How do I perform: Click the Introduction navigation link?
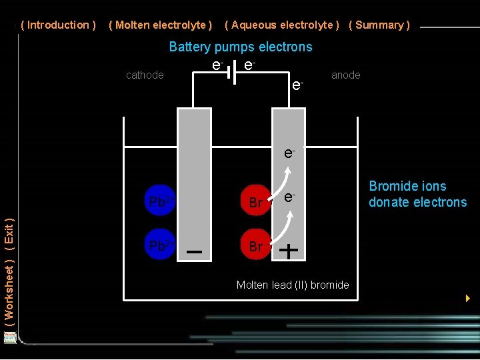59,25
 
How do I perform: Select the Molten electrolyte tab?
160,25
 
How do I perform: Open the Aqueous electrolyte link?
282,25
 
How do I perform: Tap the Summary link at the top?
379,25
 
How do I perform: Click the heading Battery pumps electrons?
241,47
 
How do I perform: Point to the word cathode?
145,75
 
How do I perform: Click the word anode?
345,75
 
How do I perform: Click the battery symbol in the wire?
232,73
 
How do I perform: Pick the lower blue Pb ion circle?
160,245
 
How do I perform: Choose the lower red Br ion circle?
255,246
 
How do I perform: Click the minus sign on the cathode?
195,252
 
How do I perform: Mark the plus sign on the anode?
289,251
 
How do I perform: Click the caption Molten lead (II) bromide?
293,285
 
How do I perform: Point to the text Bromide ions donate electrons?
418,194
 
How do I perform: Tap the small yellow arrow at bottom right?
468,297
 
